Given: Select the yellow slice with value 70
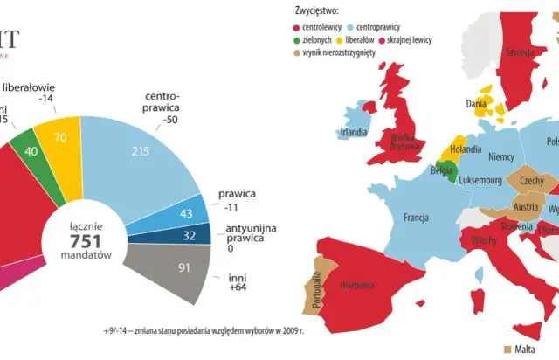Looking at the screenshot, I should [x=61, y=139].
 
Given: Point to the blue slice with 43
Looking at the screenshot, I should [x=184, y=212].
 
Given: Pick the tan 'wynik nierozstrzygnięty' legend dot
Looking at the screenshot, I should [x=299, y=53].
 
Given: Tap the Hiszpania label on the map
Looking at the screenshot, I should [x=358, y=284].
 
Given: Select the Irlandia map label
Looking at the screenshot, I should [x=353, y=133].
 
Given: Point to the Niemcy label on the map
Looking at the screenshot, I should [x=501, y=157].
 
